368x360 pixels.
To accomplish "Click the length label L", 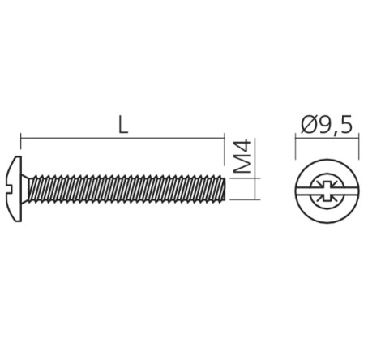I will (122, 124).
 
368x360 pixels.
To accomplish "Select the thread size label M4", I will (242, 158).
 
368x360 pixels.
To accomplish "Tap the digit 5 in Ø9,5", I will (345, 125).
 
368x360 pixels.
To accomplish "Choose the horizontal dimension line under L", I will (122, 139).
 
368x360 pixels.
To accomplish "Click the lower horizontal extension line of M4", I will (243, 199).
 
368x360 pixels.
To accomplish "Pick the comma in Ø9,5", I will (336, 132).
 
